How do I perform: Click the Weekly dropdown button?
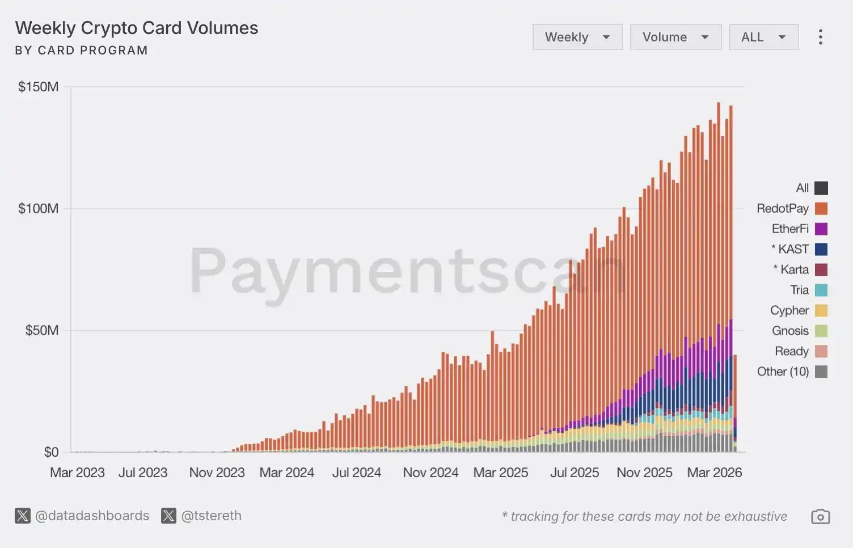click(x=577, y=37)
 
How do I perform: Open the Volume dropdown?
click(x=675, y=37)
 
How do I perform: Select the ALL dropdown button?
click(x=763, y=37)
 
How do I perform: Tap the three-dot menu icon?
click(x=820, y=37)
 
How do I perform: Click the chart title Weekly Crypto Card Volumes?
click(x=137, y=28)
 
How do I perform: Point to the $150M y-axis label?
click(x=38, y=87)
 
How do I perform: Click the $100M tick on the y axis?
click(x=38, y=208)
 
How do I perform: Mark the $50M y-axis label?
click(x=41, y=330)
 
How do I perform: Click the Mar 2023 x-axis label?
click(x=77, y=473)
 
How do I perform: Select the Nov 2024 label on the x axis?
click(x=430, y=473)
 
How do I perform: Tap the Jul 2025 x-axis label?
click(x=574, y=473)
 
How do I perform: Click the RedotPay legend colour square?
click(x=821, y=208)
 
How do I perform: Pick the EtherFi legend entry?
click(x=790, y=229)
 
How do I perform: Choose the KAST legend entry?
click(x=793, y=249)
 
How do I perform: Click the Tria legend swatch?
click(x=821, y=290)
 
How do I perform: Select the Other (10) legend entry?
click(x=783, y=372)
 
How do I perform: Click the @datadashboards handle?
click(x=92, y=516)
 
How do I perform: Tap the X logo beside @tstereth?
click(x=168, y=516)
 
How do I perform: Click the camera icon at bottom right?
click(x=820, y=517)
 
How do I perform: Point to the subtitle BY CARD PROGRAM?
click(x=81, y=50)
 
